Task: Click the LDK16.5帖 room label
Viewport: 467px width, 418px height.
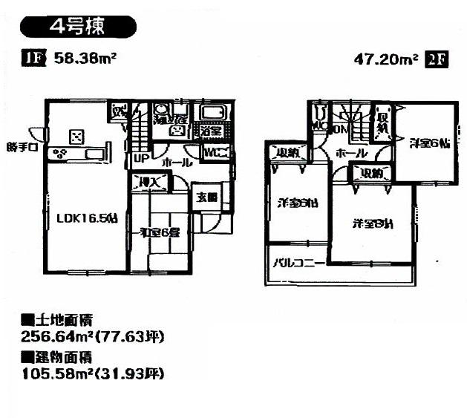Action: (88, 218)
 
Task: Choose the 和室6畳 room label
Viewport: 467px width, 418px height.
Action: (160, 232)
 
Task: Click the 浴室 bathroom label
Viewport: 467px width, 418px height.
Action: (210, 131)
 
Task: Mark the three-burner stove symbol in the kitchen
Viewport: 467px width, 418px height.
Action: (60, 154)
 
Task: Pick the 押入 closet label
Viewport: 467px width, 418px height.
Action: (147, 180)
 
